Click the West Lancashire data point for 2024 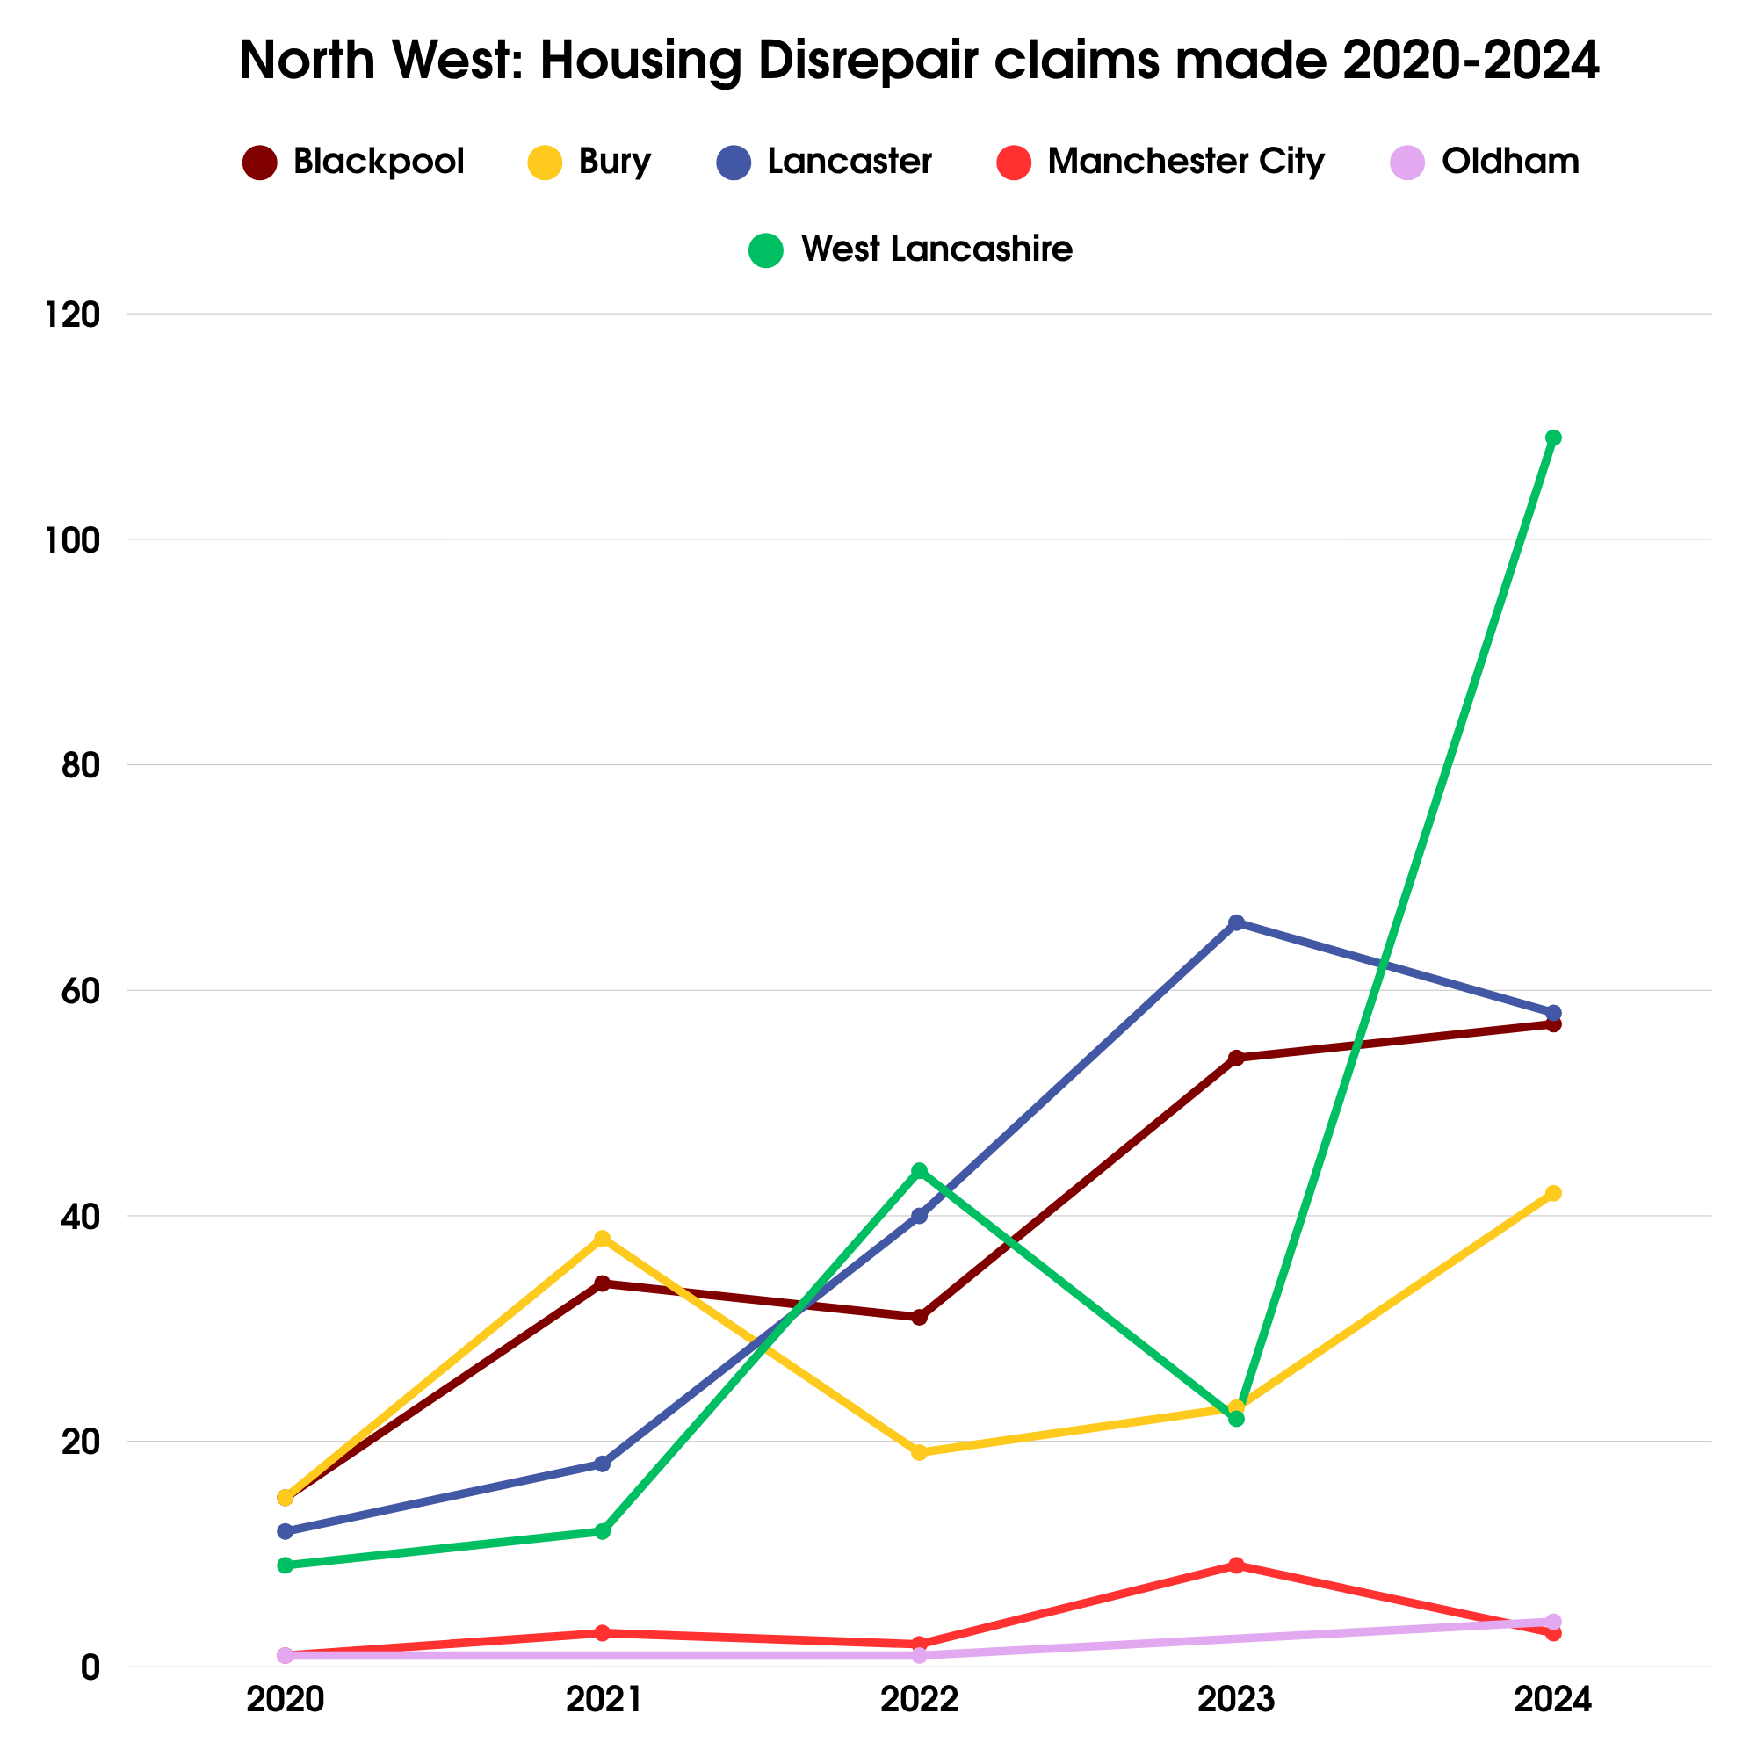(1553, 438)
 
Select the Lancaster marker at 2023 (1236, 923)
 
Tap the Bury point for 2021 (602, 1239)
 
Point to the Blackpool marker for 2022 (920, 1318)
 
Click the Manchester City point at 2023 (1236, 1565)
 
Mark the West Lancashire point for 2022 (920, 1170)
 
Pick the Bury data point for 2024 (1553, 1193)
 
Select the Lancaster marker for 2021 (602, 1464)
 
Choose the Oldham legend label (1509, 162)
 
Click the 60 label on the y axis (80, 991)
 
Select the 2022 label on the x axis (920, 1700)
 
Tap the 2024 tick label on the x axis (1553, 1700)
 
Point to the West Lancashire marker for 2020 (286, 1565)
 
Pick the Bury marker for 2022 (920, 1452)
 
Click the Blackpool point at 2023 (1236, 1058)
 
